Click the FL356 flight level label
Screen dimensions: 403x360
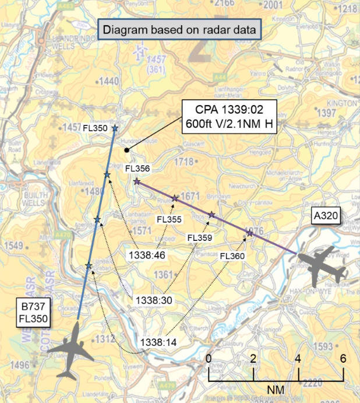point(137,169)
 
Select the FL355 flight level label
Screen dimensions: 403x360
point(170,219)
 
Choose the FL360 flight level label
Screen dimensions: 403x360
point(232,256)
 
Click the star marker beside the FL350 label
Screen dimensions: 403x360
point(115,128)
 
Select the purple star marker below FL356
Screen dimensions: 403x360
point(136,182)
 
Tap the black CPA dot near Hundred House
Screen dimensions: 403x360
point(126,150)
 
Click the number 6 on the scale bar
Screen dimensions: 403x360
point(344,358)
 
